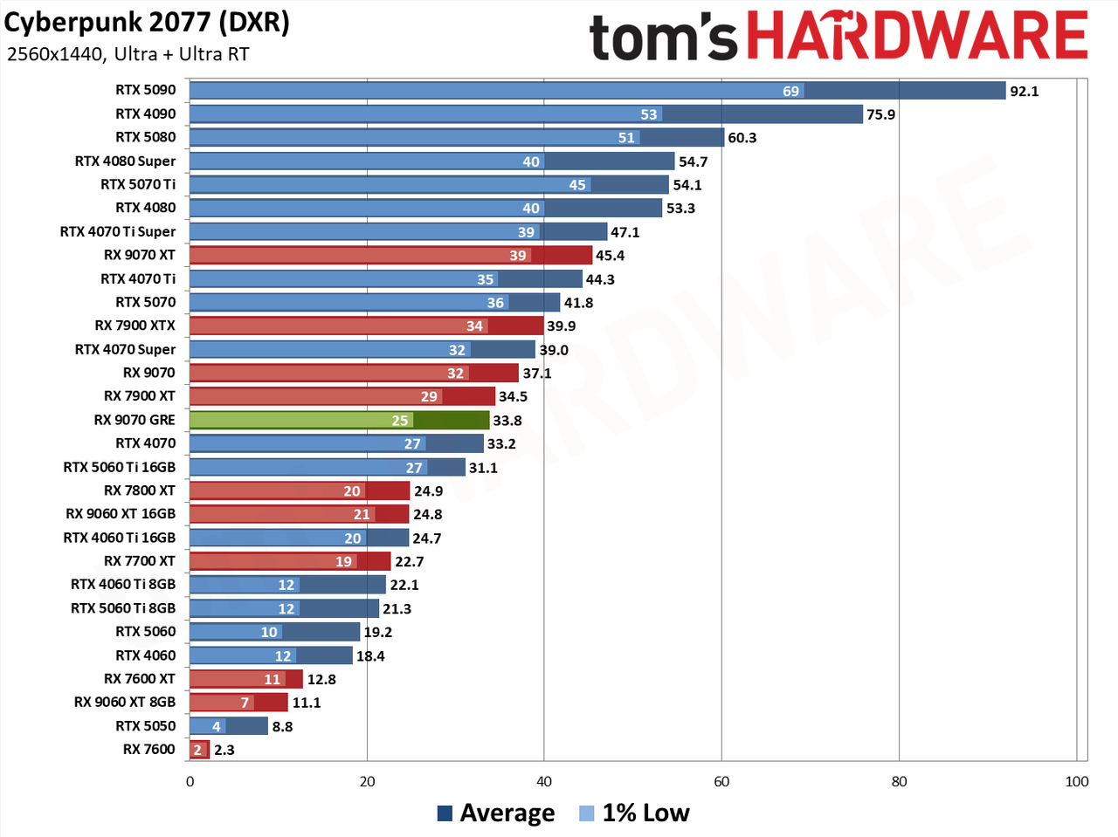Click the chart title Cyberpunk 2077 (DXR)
(x=147, y=23)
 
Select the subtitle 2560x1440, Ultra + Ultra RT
(x=128, y=54)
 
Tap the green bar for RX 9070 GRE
(x=339, y=421)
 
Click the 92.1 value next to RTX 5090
(x=1024, y=91)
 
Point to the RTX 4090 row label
(x=145, y=113)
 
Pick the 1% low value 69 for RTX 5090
(x=790, y=91)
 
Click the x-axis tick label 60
(x=721, y=781)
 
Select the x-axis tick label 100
(x=1076, y=781)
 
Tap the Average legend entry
(x=496, y=813)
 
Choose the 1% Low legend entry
(x=635, y=813)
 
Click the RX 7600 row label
(x=148, y=749)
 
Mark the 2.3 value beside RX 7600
(x=224, y=750)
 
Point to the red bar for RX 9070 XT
(x=390, y=255)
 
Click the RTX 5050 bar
(x=229, y=726)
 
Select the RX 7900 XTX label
(x=135, y=326)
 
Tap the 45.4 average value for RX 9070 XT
(x=611, y=256)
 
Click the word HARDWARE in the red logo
(x=917, y=36)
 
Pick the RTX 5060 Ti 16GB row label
(x=119, y=467)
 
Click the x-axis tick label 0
(x=190, y=781)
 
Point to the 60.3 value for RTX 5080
(x=742, y=138)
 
